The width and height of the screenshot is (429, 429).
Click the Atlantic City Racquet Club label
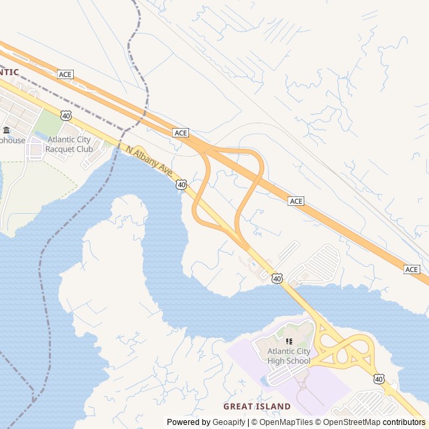tap(70, 144)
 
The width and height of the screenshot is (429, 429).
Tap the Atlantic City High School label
tap(289, 356)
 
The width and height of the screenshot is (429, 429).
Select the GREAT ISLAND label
tap(257, 406)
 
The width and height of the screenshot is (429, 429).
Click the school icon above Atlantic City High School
tap(289, 341)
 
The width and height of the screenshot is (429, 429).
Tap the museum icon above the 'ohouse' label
tap(6, 130)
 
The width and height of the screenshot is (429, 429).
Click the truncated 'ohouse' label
tap(12, 140)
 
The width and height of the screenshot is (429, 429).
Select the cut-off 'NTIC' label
tap(9, 72)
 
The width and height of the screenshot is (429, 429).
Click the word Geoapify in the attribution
tap(229, 422)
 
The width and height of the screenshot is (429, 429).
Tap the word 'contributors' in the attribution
tap(404, 422)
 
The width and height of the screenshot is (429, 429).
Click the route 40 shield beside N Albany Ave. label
tap(181, 184)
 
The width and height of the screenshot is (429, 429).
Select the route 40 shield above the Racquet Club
tap(65, 115)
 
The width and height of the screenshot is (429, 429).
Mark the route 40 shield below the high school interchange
tap(379, 379)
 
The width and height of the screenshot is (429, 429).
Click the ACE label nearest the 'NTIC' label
tap(65, 74)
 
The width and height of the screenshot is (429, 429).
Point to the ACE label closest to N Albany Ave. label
tap(181, 133)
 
